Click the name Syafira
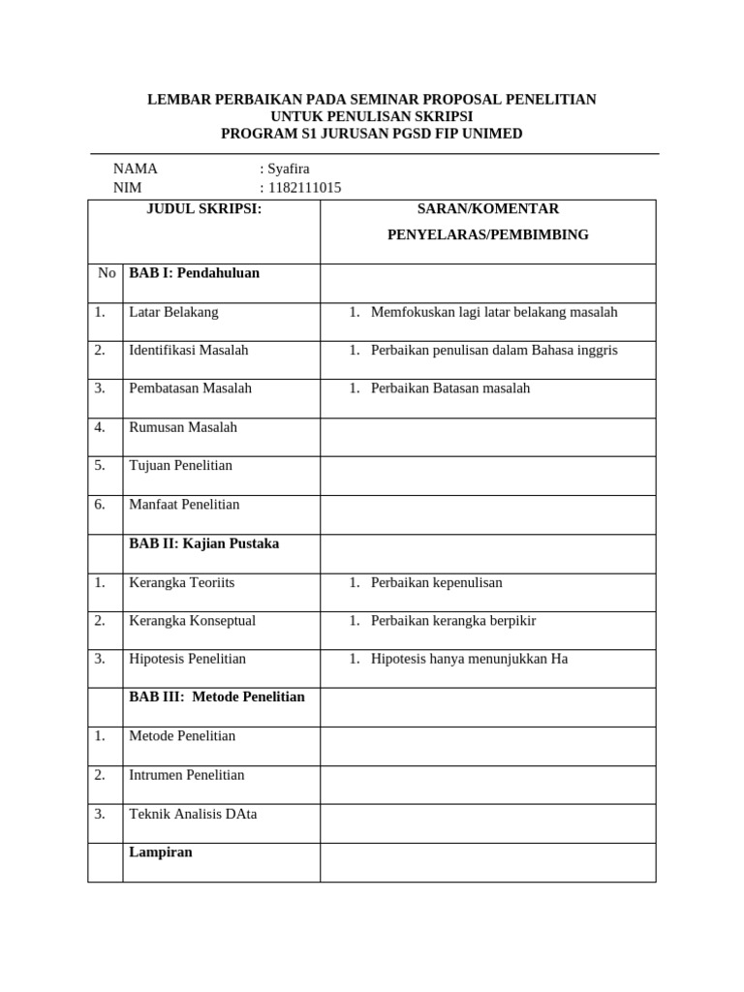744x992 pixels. [x=289, y=169]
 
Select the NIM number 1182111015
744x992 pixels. [x=304, y=188]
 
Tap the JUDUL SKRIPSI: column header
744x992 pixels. [x=203, y=208]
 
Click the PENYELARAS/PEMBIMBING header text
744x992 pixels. [x=487, y=234]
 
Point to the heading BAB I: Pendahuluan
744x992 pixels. [x=194, y=273]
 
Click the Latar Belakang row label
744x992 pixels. [x=173, y=312]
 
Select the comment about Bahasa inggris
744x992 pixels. [x=493, y=350]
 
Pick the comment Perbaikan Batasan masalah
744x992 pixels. [x=449, y=388]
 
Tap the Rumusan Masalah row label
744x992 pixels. [x=182, y=427]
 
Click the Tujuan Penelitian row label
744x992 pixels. [x=180, y=465]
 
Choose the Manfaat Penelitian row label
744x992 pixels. [x=184, y=504]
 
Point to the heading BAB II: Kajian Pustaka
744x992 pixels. [x=203, y=543]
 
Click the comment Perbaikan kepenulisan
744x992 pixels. [x=436, y=582]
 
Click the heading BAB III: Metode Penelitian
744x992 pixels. [x=217, y=697]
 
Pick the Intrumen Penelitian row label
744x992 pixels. [x=186, y=775]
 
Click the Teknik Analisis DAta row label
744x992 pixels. [x=193, y=814]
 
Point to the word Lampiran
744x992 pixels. [x=161, y=852]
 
